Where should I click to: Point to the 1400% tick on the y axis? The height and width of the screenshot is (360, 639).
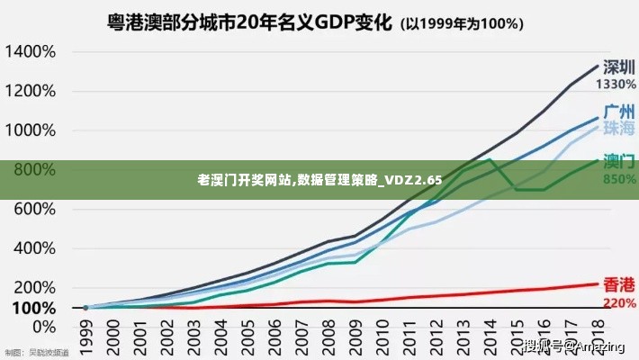[x=31, y=51]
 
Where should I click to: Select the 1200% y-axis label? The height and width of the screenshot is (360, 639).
[x=31, y=91]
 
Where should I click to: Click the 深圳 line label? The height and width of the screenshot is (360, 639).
[x=617, y=67]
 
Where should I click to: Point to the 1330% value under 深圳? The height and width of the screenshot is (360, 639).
[x=616, y=85]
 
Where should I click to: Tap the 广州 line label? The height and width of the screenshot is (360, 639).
[x=619, y=112]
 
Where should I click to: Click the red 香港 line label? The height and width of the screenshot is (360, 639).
[x=619, y=283]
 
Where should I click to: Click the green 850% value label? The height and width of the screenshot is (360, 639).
[x=618, y=179]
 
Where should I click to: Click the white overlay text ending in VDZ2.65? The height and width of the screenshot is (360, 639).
[x=319, y=180]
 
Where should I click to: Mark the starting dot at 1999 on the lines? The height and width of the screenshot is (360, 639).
[x=86, y=308]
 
